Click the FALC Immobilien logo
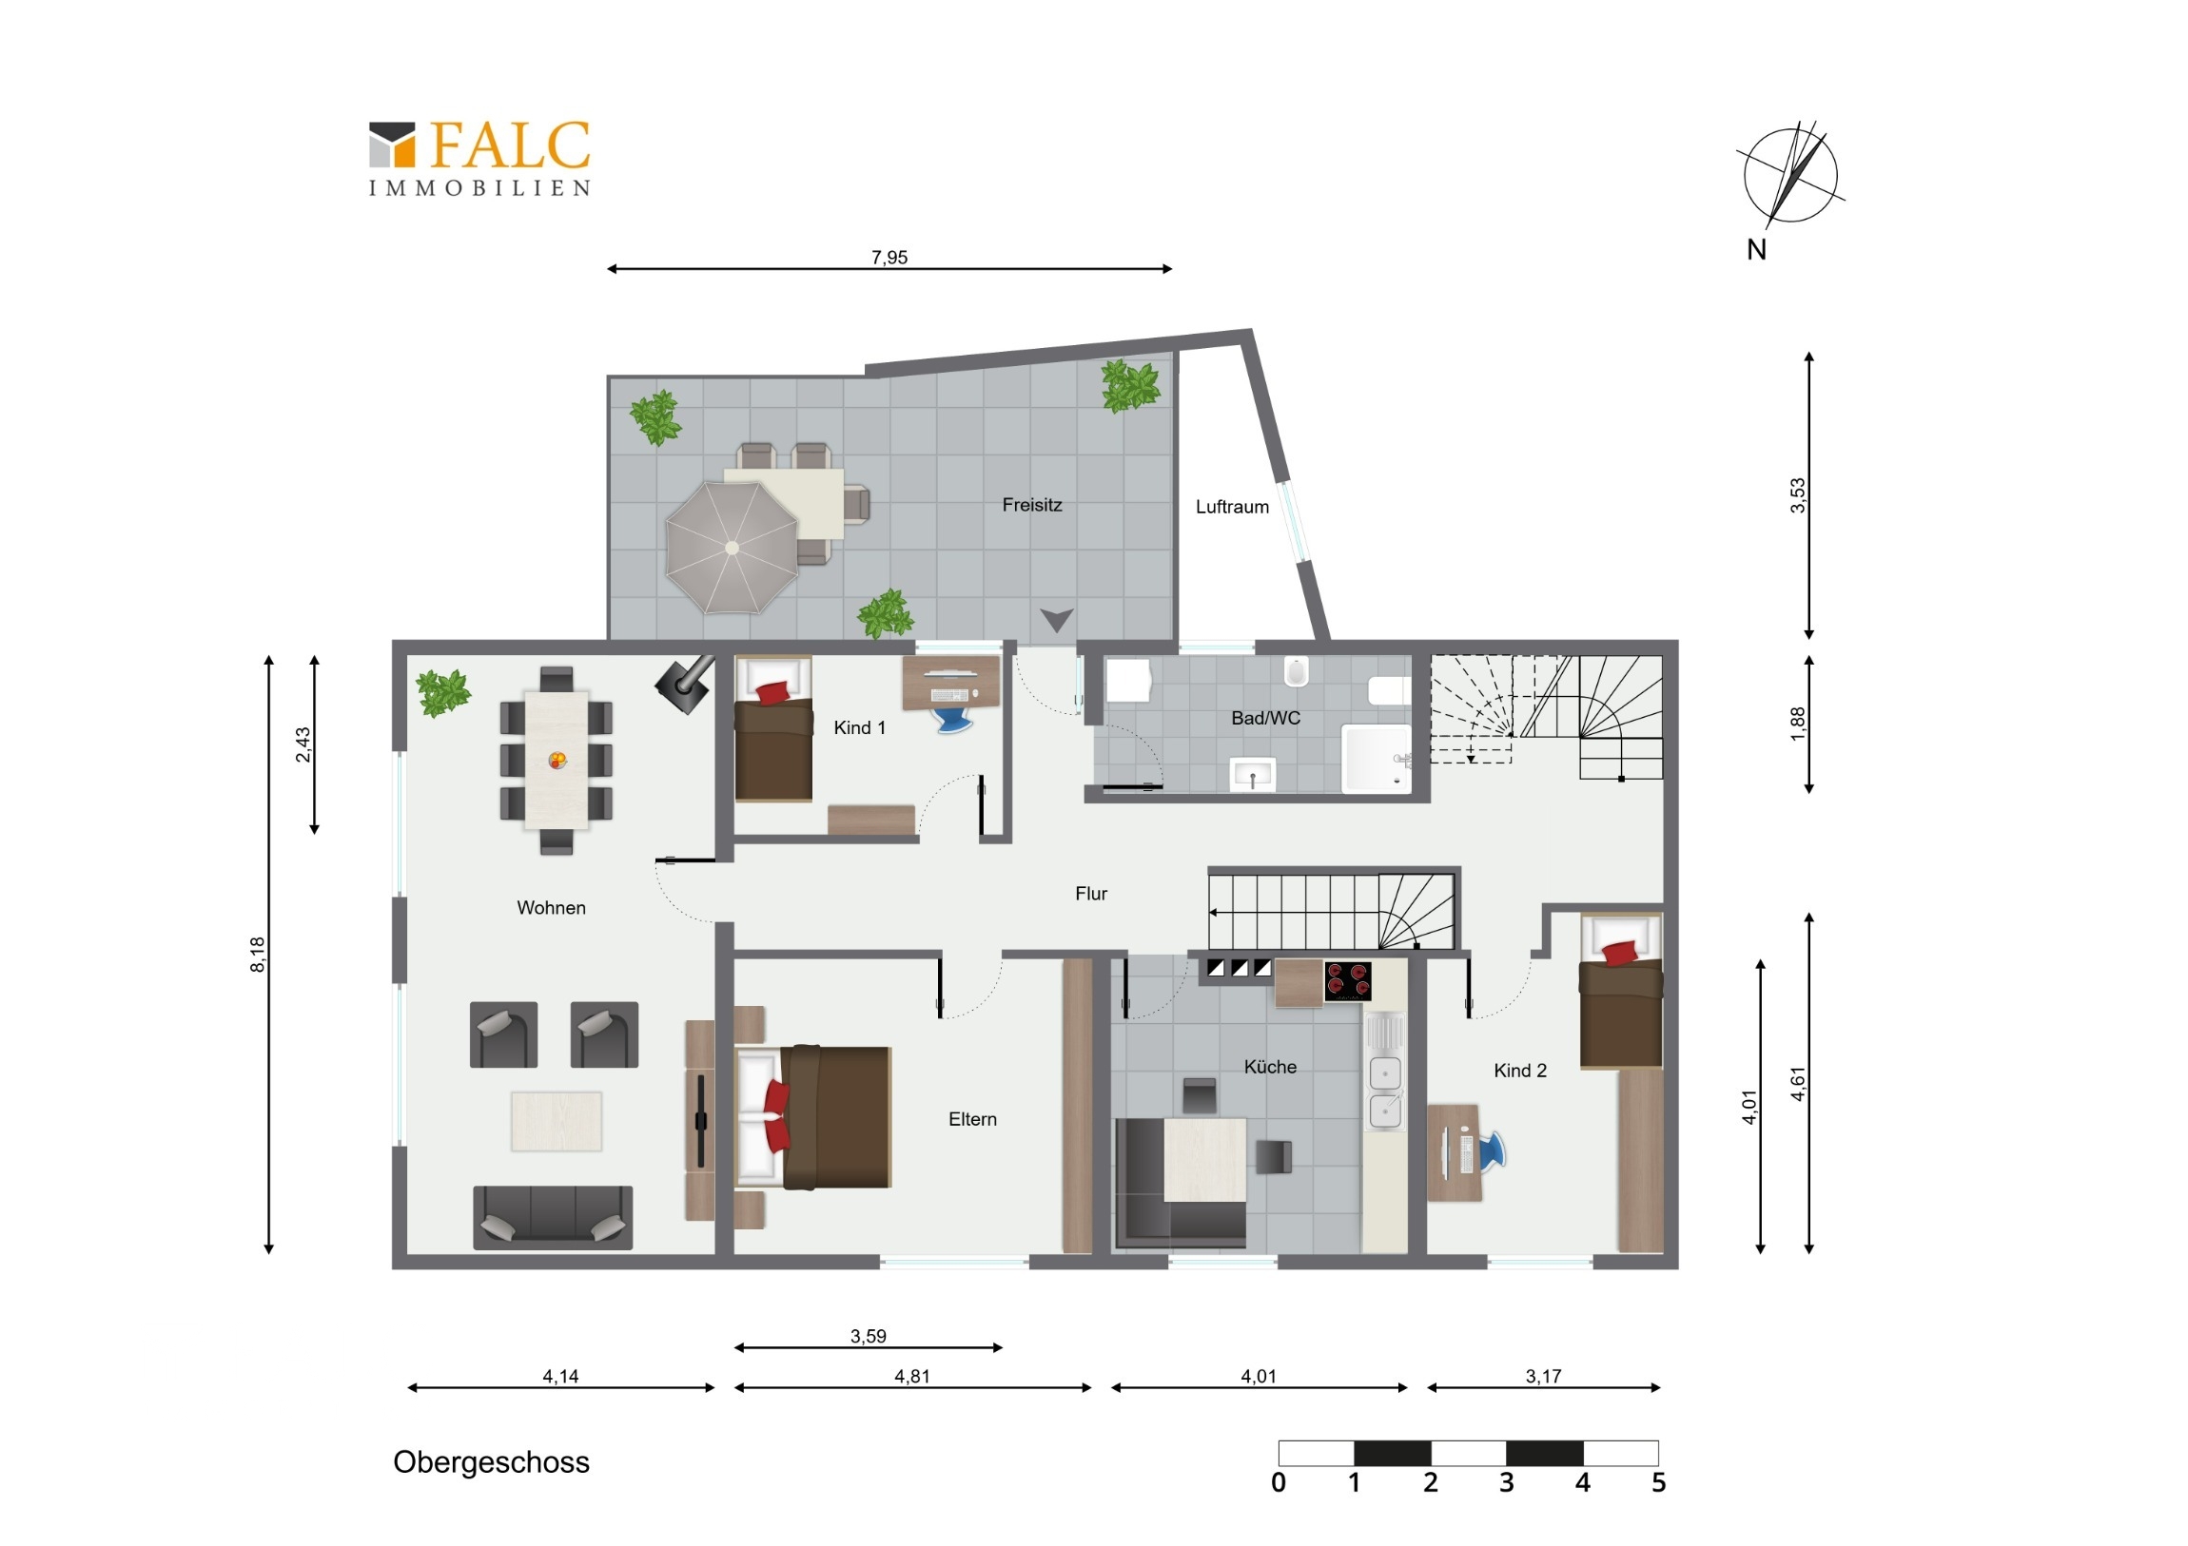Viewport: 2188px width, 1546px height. click(479, 158)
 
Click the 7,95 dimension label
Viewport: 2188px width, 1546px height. click(889, 257)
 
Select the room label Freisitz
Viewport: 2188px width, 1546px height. click(1031, 505)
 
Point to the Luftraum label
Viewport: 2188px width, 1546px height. click(1232, 507)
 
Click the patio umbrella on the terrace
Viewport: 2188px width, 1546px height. click(732, 548)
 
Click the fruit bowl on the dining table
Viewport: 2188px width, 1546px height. click(557, 760)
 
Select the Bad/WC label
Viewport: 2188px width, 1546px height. click(1264, 718)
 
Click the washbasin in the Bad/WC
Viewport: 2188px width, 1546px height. click(1252, 775)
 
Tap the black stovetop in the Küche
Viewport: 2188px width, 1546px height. click(1346, 981)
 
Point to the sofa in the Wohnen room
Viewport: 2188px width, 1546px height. click(553, 1217)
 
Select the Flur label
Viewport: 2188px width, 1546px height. click(1091, 894)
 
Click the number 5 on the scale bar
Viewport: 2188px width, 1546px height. click(1658, 1483)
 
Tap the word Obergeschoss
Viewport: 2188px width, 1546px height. click(491, 1462)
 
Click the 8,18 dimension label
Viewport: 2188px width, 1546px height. click(257, 955)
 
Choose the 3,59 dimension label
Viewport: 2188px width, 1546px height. click(869, 1336)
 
